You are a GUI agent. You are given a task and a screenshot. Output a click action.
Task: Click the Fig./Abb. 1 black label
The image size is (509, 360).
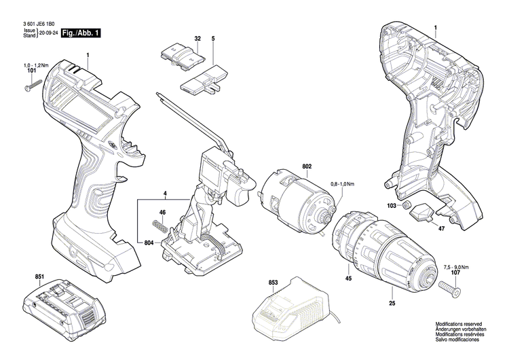point(81,33)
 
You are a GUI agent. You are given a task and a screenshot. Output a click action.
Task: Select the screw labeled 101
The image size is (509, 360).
point(35,87)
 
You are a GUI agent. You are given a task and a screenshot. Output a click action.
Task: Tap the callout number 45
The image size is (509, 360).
point(347,278)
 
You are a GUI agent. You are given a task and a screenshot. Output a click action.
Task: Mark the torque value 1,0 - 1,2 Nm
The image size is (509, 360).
point(31,64)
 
